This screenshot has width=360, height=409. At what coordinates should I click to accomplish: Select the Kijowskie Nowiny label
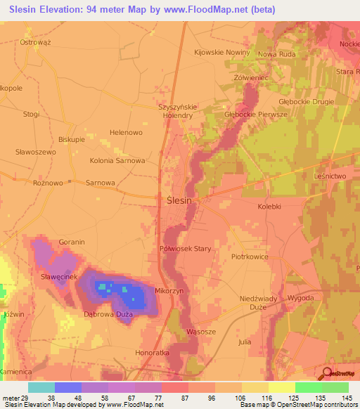pos(222,52)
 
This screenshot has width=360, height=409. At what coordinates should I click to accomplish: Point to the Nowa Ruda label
pos(277,54)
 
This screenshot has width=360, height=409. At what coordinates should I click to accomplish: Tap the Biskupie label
pos(71,139)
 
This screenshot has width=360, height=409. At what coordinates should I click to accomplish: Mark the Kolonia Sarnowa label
pos(117,160)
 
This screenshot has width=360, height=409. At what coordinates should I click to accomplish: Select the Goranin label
pos(72,242)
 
